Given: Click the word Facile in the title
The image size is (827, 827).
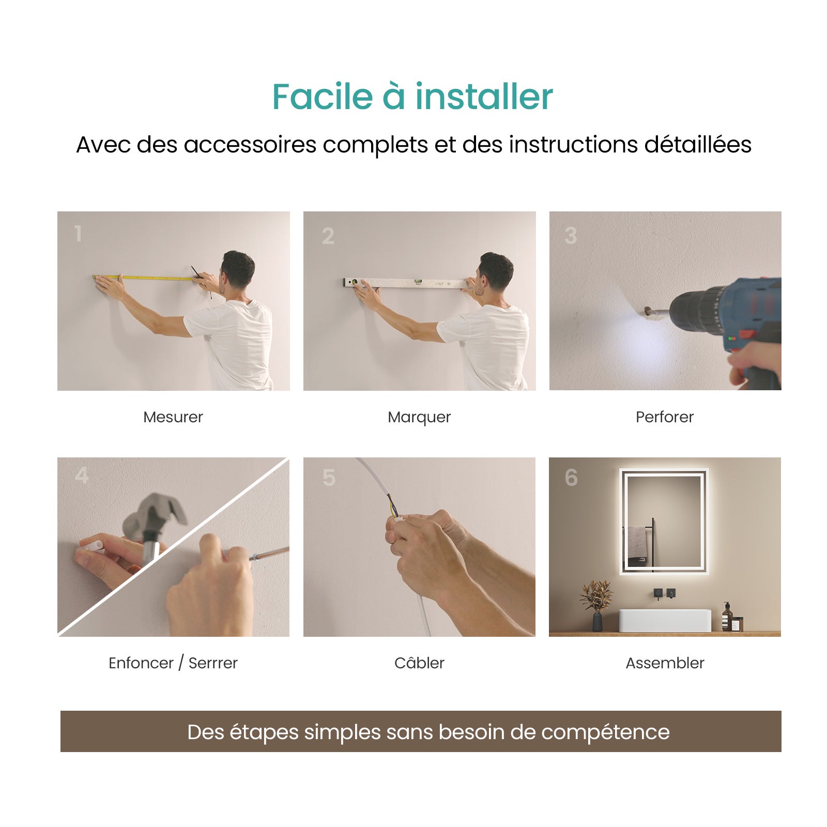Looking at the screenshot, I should [x=322, y=97].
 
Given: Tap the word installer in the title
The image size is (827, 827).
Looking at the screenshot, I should [x=484, y=97].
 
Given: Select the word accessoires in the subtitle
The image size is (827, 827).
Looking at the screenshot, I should [x=250, y=145].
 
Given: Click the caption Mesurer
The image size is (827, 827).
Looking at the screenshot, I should [x=173, y=417].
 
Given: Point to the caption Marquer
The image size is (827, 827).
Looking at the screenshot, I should [x=419, y=417].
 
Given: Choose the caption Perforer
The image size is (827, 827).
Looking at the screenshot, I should [x=664, y=417].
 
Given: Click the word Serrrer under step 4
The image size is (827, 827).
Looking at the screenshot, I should [x=212, y=663].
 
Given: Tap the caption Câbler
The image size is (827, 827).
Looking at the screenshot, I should [x=419, y=663].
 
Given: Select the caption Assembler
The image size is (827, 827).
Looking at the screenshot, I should [x=665, y=663].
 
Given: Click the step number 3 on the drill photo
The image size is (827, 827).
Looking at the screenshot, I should [x=570, y=236].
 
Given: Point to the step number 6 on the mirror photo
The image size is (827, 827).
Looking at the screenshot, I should [x=571, y=478].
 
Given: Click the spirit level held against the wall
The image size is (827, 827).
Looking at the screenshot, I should [x=408, y=283].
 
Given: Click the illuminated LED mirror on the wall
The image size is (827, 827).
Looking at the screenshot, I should [x=664, y=521].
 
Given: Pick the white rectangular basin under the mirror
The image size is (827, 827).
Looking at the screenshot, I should [x=665, y=620].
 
